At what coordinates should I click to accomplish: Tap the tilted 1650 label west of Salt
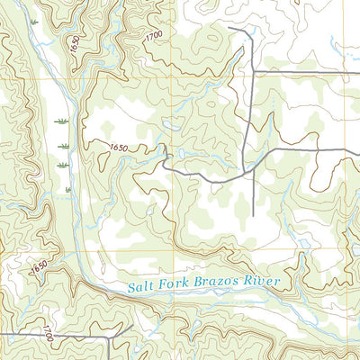coord(38,267)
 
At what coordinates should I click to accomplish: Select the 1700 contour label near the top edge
coord(153,34)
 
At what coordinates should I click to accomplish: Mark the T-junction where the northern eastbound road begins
coord(252,69)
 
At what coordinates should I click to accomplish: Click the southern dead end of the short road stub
coord(253,216)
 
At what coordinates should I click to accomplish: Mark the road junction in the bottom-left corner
coord(111,335)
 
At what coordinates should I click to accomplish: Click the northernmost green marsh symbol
coord(61,120)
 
